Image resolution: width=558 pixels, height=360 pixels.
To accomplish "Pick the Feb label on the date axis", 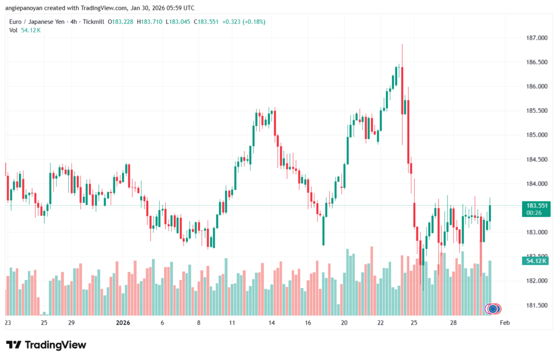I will [x=505, y=322].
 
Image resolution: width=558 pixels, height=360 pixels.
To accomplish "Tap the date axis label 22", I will [x=381, y=322].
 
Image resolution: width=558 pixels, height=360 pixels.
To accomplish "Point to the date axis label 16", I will [x=308, y=322].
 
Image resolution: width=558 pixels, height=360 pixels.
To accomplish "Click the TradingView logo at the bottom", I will [x=46, y=345].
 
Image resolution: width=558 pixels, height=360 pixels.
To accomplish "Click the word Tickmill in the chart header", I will [x=94, y=21].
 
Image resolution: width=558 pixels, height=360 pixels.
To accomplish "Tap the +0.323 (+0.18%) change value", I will [x=224, y=21].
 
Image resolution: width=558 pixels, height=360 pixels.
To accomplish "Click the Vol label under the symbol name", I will [x=14, y=30].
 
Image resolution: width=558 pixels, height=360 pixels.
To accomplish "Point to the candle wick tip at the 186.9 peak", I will [x=402, y=45].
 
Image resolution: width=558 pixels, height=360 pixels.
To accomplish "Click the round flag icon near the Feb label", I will [x=493, y=309].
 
